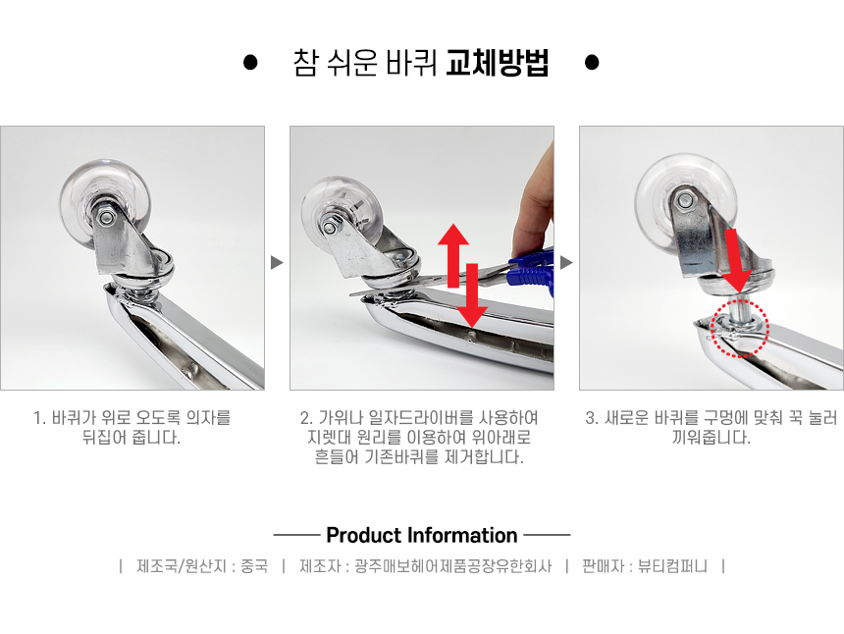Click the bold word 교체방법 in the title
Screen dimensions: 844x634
pos(498,63)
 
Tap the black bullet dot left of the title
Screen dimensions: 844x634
pos(250,63)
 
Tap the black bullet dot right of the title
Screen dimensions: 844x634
pos(592,63)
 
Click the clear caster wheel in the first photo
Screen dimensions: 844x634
pos(106,202)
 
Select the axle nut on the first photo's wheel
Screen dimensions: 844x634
pos(106,217)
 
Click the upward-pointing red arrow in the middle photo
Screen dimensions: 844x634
pos(453,255)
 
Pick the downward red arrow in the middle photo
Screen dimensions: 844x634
pos(472,295)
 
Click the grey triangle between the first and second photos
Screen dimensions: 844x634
pos(277,263)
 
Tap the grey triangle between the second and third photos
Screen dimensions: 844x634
pos(566,263)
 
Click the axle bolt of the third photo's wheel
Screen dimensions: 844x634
pos(685,201)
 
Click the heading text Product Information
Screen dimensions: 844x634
pos(422,535)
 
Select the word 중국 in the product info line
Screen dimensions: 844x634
pos(254,566)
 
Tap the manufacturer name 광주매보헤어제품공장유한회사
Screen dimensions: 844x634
pos(453,566)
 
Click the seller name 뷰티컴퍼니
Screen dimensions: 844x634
pos(672,566)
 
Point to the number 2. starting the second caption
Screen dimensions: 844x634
pos(306,418)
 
